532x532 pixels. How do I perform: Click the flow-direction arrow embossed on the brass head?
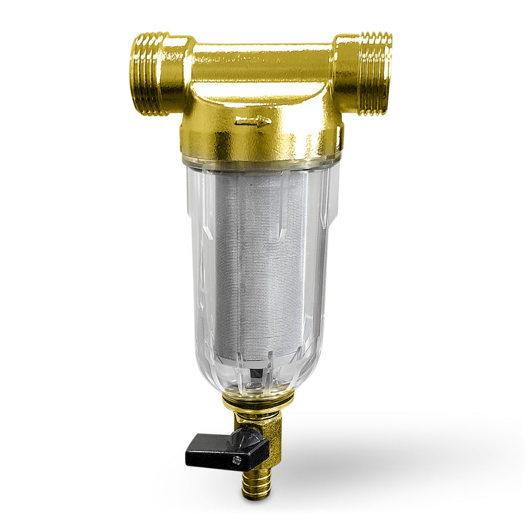[254, 122]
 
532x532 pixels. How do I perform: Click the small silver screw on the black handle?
[235, 459]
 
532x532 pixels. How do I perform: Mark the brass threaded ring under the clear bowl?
[259, 398]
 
